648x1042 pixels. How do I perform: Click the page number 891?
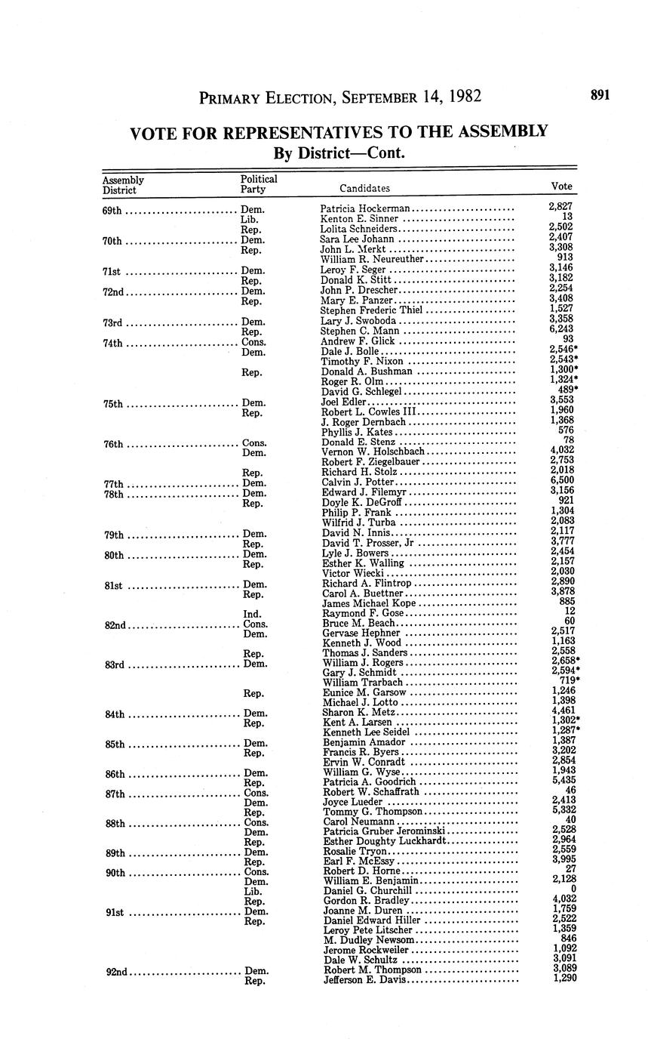coord(600,95)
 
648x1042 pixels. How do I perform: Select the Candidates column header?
coord(364,188)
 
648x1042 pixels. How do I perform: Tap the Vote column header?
coord(562,186)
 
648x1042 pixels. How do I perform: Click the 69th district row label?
coord(112,209)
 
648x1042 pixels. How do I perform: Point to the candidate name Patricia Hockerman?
coord(365,208)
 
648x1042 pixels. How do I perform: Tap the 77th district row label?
coord(113,483)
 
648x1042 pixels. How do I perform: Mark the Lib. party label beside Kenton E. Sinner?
coord(250,219)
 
